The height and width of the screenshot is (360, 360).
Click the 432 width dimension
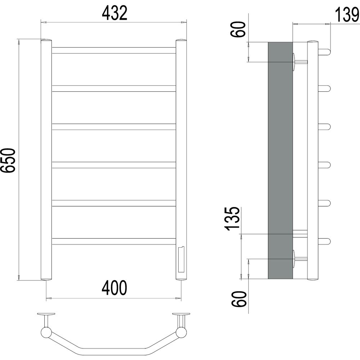114,13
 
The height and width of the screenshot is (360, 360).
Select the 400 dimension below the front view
114,288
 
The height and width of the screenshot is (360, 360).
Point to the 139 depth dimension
347,15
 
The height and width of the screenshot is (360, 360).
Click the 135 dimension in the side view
233,219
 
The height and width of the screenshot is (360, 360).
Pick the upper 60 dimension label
238,29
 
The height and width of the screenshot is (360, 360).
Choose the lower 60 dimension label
239,299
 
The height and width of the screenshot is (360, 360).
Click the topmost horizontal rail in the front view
114,50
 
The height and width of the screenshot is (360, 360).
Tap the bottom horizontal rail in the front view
114,242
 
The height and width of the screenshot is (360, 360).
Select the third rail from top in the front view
114,127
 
